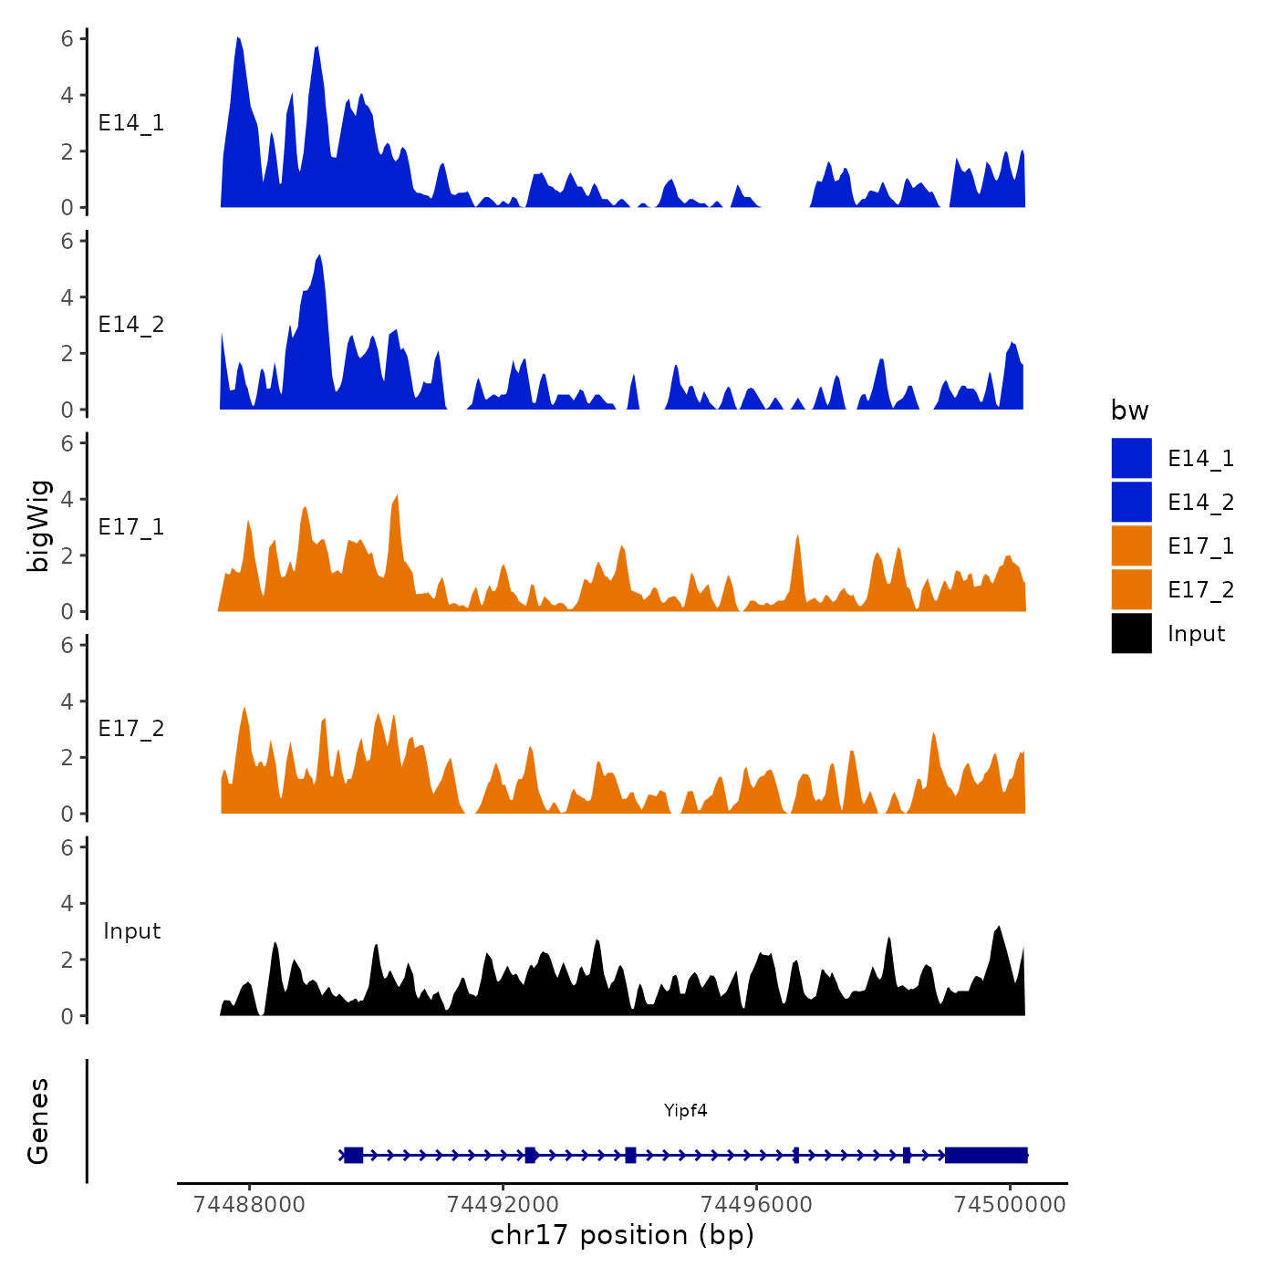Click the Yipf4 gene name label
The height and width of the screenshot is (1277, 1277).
pyautogui.click(x=685, y=1110)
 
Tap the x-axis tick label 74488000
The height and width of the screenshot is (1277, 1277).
pyautogui.click(x=250, y=1205)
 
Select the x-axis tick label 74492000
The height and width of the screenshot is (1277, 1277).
pyautogui.click(x=504, y=1205)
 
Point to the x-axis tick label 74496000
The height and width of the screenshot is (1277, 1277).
pyautogui.click(x=756, y=1205)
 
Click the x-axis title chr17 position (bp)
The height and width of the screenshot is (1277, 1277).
pyautogui.click(x=622, y=1235)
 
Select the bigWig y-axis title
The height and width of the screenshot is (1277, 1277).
pyautogui.click(x=38, y=525)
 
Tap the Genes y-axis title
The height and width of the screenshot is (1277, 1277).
pyautogui.click(x=38, y=1121)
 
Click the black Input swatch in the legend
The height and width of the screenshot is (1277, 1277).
pyautogui.click(x=1131, y=633)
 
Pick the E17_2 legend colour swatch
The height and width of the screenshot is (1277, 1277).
pyautogui.click(x=1131, y=589)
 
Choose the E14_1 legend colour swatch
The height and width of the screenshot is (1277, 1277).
pyautogui.click(x=1131, y=458)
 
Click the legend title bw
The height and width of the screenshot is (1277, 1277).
pyautogui.click(x=1129, y=410)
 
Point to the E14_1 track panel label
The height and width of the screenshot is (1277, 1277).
pyautogui.click(x=131, y=123)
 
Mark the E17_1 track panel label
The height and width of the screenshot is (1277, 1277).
pyautogui.click(x=131, y=527)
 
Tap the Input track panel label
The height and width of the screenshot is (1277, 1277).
pyautogui.click(x=131, y=931)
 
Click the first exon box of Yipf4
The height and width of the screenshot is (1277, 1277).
pyautogui.click(x=354, y=1155)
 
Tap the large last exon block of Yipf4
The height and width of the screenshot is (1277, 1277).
pyautogui.click(x=986, y=1155)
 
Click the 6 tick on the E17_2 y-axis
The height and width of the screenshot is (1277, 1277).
pyautogui.click(x=67, y=645)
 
